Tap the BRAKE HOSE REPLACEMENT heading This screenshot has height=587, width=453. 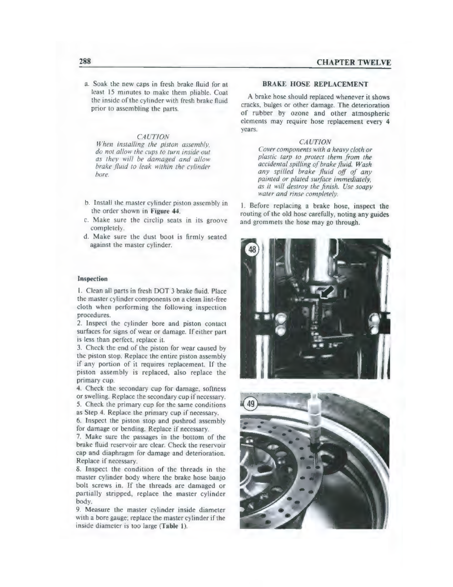(315, 84)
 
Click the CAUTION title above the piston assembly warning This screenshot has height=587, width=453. (143, 137)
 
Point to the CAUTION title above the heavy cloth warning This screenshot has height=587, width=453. (315, 142)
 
